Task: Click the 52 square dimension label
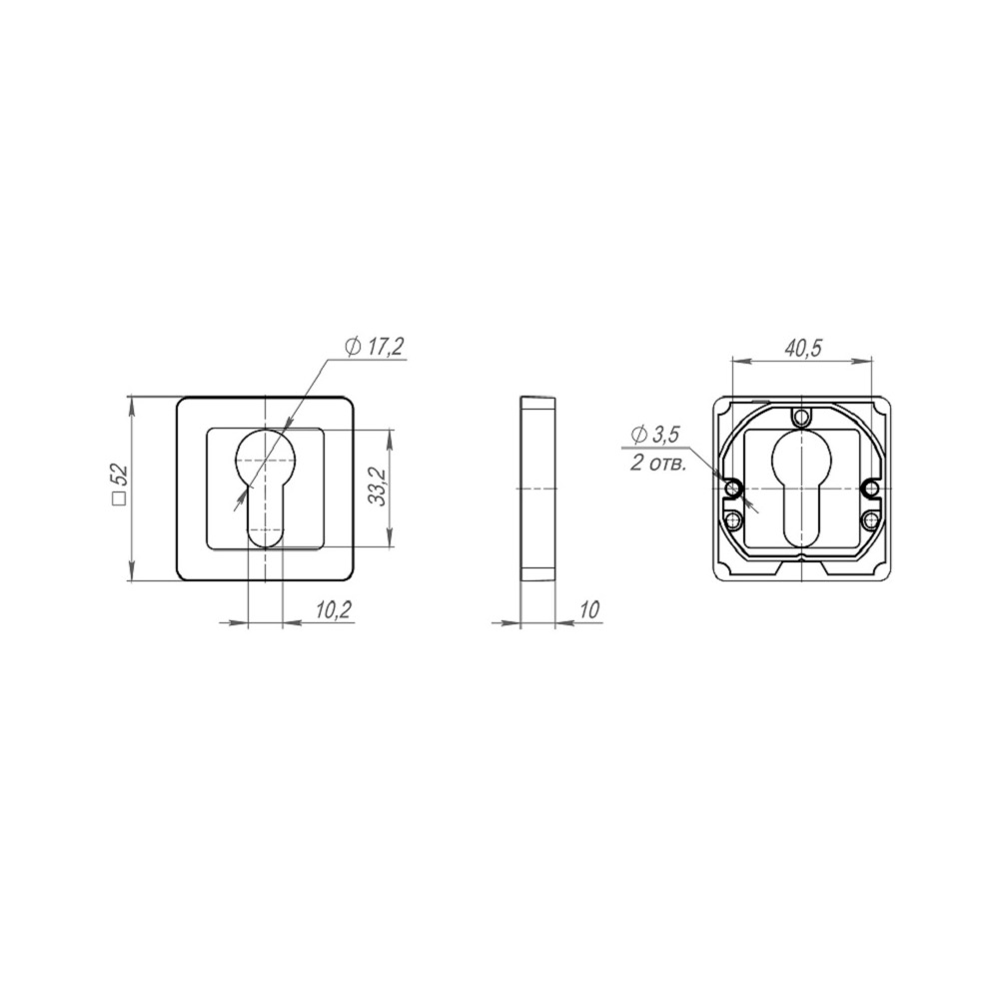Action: point(119,486)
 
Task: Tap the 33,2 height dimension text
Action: point(379,487)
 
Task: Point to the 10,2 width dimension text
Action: point(334,610)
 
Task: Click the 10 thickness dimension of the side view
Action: point(590,610)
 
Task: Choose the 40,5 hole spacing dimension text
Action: point(803,349)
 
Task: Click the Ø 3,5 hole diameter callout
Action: point(655,436)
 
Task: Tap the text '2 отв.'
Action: point(658,464)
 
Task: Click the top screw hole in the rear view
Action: point(801,418)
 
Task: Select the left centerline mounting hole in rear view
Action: point(733,489)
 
